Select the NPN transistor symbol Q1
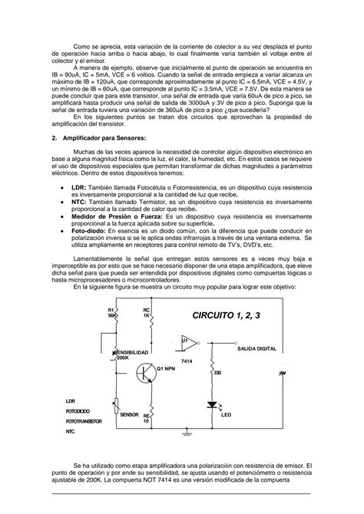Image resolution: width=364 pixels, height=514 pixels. point(147,372)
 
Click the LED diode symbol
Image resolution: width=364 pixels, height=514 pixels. point(211,405)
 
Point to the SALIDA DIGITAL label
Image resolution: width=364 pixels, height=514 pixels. point(257,348)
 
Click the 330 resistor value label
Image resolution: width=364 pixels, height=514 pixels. point(217,374)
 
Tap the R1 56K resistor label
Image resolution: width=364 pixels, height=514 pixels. point(111,312)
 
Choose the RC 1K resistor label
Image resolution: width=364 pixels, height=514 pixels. point(147,312)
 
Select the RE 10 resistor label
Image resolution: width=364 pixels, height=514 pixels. point(147,418)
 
